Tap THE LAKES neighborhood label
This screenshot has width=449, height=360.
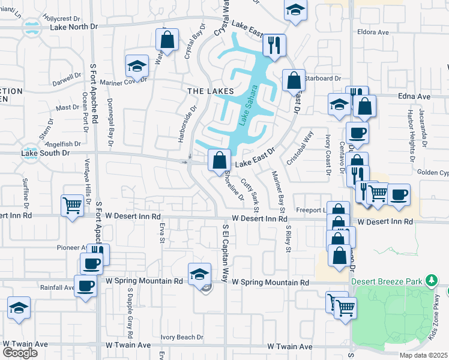tap(210, 91)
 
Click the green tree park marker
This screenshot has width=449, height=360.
tap(430, 280)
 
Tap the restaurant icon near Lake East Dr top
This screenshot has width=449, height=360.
tap(274, 45)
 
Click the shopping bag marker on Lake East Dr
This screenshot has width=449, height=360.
tap(220, 160)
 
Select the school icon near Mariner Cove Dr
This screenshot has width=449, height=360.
tap(137, 66)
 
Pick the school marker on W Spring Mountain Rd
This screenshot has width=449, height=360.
tap(200, 274)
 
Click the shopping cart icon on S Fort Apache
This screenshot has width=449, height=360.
tap(72, 205)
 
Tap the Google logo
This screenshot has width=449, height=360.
tap(20, 352)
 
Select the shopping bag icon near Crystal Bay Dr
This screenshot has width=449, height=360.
tap(167, 40)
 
